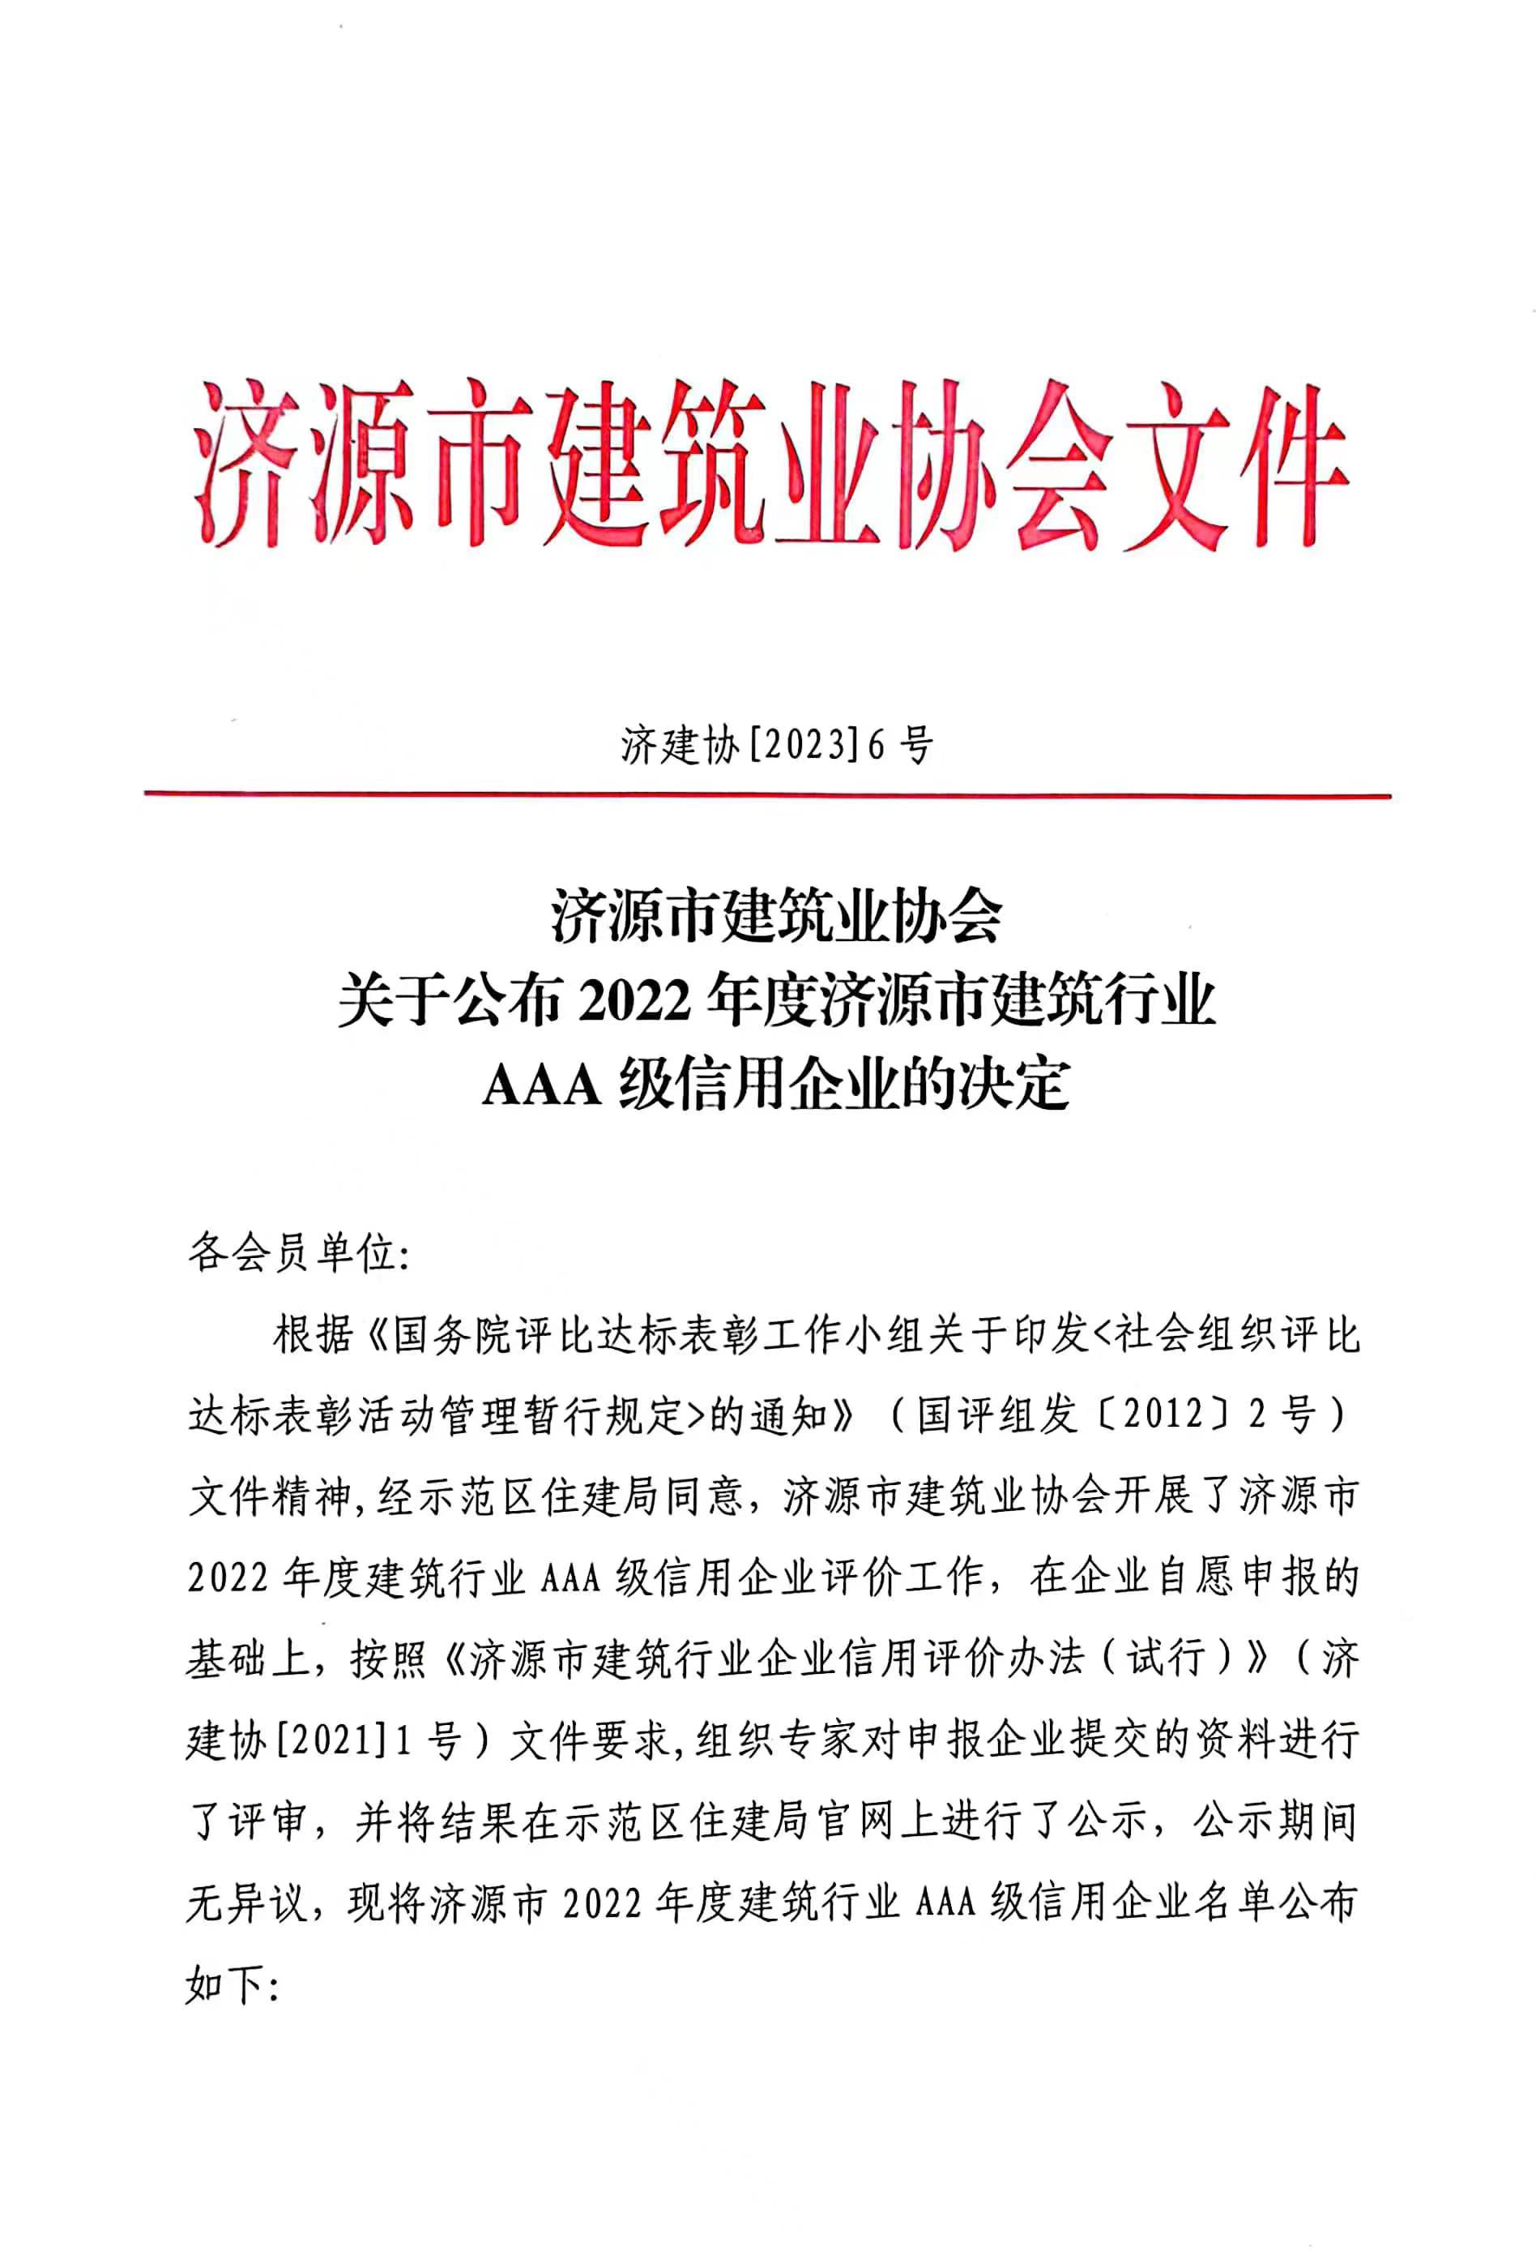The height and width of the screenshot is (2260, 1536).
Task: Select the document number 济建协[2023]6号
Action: tap(777, 746)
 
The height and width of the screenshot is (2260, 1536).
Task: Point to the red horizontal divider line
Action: tap(767, 795)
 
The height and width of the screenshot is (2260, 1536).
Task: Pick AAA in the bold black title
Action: tap(544, 1087)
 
